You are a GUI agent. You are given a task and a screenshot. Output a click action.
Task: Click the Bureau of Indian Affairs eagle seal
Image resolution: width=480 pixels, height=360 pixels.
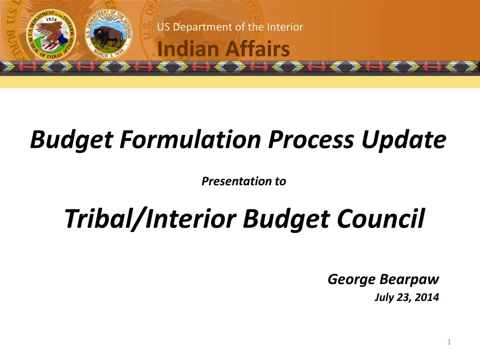pos(51,35)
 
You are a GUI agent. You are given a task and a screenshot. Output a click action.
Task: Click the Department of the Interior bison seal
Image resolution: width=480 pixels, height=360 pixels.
pos(109,35)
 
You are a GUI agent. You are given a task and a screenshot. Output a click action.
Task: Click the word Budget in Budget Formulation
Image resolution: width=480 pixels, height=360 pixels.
pos(70,140)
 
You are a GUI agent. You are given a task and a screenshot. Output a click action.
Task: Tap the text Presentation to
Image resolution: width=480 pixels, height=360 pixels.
pos(243,181)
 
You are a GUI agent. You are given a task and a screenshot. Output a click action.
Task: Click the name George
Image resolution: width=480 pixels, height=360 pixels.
pos(352,280)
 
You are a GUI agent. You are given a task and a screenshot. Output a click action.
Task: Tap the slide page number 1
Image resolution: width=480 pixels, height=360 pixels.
pos(449,343)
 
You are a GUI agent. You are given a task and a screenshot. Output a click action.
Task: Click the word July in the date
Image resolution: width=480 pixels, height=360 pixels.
pos(383,297)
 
